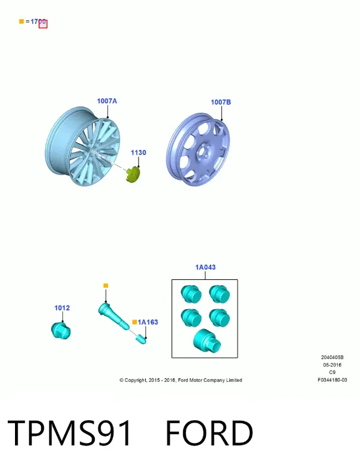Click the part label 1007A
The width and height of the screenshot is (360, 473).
click(107, 101)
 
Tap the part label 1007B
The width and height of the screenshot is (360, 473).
click(221, 103)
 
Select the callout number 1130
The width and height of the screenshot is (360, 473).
click(139, 153)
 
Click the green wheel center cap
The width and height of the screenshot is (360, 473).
click(133, 174)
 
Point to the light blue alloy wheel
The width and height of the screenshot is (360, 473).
click(83, 146)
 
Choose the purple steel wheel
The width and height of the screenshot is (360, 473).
click(198, 150)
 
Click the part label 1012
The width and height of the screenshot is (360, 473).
click(62, 308)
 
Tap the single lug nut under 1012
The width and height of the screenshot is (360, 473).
click(61, 330)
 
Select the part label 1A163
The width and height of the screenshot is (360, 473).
click(148, 322)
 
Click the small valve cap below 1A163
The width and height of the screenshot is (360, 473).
click(142, 339)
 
